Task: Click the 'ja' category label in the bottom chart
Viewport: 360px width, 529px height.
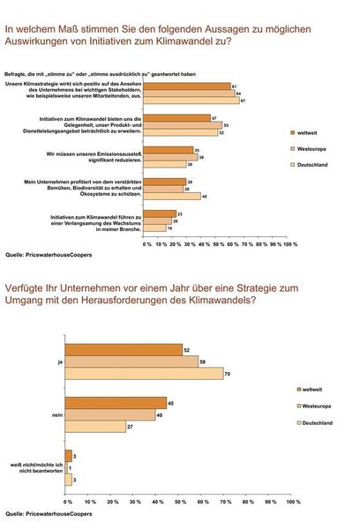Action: point(60,361)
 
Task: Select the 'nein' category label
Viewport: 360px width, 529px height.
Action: point(58,414)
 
